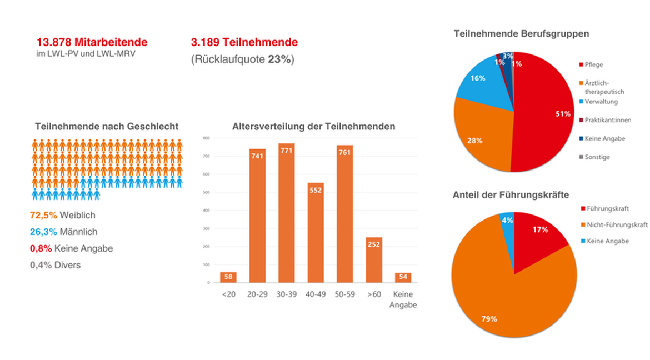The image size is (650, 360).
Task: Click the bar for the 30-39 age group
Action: pos(286,213)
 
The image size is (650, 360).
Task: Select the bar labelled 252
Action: pos(374,260)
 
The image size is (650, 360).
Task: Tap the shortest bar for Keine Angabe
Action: pos(403,278)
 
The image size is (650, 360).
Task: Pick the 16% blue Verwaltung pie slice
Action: pos(479,83)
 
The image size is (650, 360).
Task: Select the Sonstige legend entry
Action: pos(597,157)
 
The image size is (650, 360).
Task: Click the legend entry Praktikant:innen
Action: pos(607,120)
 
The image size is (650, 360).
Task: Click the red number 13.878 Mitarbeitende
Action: pos(92,42)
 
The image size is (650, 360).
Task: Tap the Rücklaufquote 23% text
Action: pos(242,59)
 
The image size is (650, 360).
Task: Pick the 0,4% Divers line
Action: pos(55,265)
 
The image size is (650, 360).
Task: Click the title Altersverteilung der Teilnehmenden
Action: pos(313,126)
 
